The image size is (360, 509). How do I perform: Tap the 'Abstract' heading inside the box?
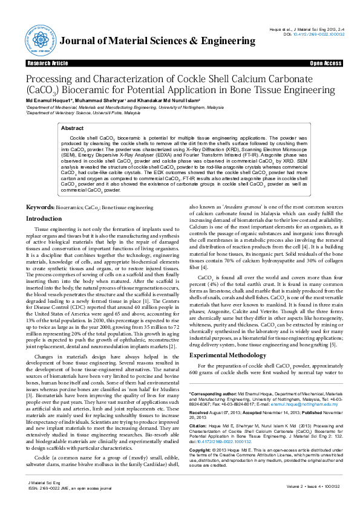pos(73,129)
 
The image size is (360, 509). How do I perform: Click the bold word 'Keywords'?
pos(39,207)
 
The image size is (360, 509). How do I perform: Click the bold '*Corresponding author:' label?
pos(211,394)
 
